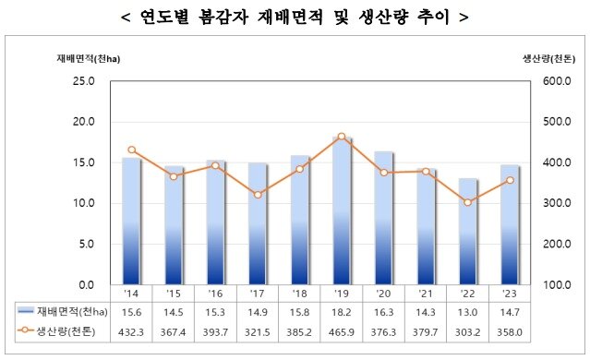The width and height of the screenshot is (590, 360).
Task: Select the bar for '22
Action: click(468, 231)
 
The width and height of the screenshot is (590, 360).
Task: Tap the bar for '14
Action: click(132, 221)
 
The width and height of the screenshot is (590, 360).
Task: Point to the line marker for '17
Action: click(259, 195)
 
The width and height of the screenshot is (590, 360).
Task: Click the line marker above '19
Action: click(342, 137)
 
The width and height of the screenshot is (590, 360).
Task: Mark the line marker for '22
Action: click(468, 202)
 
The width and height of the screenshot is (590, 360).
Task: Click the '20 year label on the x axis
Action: click(384, 293)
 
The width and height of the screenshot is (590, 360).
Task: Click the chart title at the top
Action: click(295, 17)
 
